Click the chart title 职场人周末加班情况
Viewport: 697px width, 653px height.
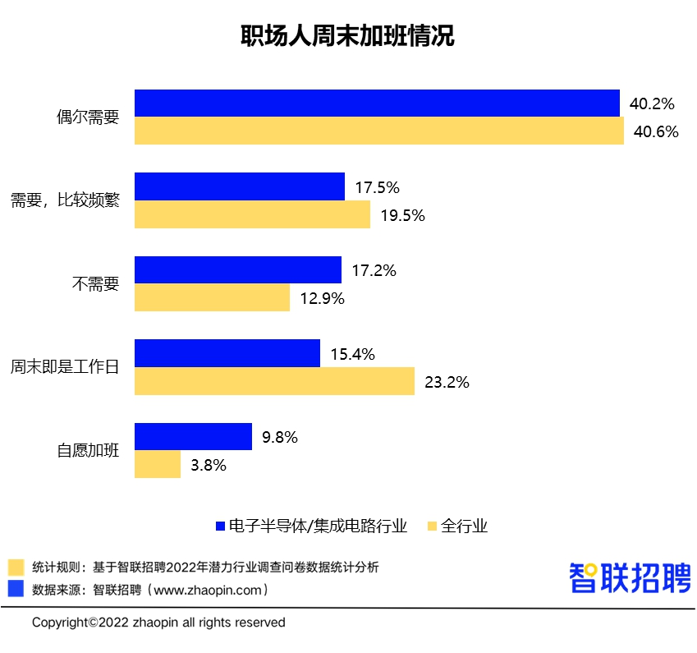click(348, 38)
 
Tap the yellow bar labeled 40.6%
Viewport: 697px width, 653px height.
click(378, 131)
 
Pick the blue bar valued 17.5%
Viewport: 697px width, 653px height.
click(239, 186)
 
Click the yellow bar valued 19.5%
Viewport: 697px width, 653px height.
click(252, 214)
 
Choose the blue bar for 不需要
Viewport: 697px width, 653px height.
click(237, 269)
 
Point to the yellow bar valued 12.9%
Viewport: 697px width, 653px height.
click(212, 297)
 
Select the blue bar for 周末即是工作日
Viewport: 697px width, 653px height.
click(227, 353)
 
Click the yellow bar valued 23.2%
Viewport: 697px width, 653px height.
click(274, 381)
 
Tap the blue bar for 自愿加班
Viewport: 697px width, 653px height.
click(193, 436)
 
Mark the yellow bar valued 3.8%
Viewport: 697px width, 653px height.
click(157, 464)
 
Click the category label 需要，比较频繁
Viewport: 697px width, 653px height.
click(65, 200)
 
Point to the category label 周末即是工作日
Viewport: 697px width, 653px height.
click(65, 367)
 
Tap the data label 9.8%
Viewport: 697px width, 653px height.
click(279, 437)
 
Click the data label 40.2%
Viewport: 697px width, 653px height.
click(652, 104)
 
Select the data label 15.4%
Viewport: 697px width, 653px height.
click(352, 354)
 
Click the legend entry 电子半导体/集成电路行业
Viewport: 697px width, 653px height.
click(317, 526)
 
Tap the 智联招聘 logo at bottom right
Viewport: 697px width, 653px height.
click(630, 577)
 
